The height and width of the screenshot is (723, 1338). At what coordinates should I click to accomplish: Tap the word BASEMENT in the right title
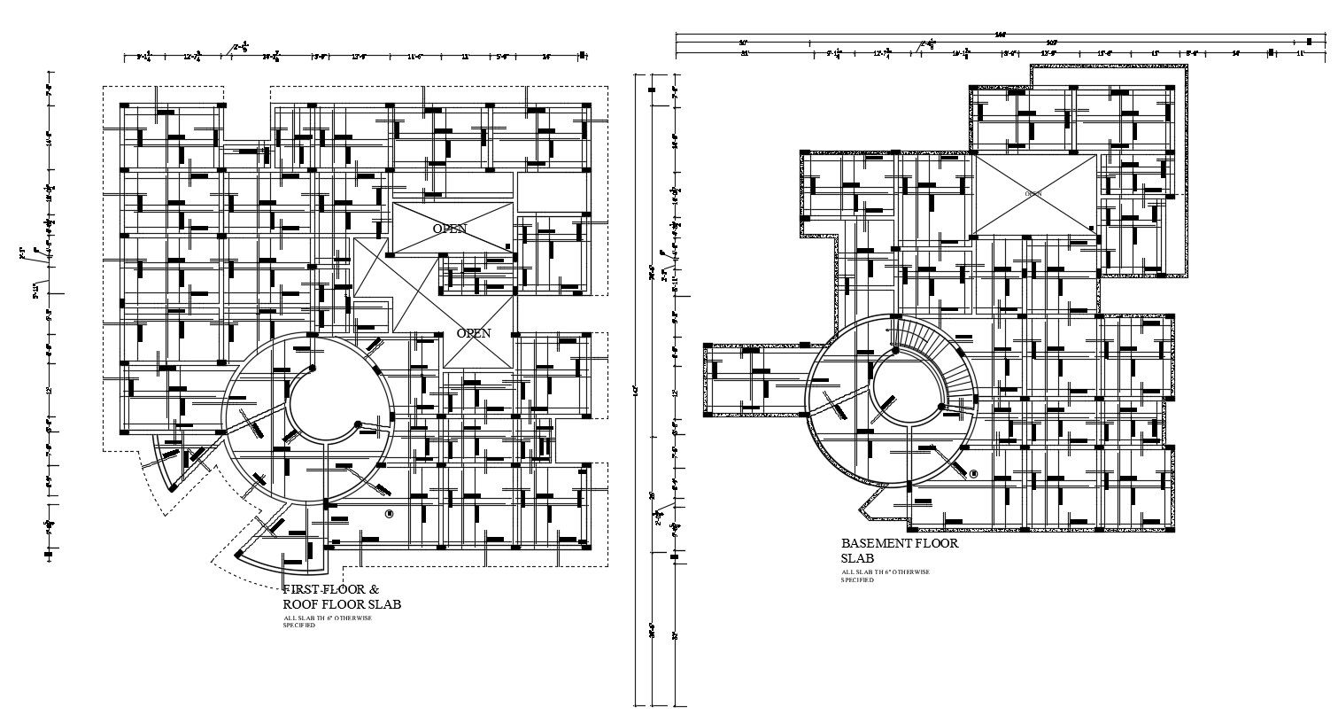pyautogui.click(x=875, y=543)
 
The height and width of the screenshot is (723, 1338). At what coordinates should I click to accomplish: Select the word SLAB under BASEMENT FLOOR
pyautogui.click(x=857, y=558)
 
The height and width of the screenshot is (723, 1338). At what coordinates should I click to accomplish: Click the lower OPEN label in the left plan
pyautogui.click(x=473, y=333)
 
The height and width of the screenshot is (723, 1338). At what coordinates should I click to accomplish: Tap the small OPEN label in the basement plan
pyautogui.click(x=1033, y=192)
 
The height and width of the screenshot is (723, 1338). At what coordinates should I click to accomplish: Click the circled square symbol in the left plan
pyautogui.click(x=389, y=513)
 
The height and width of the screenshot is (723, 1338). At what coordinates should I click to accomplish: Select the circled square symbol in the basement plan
pyautogui.click(x=973, y=474)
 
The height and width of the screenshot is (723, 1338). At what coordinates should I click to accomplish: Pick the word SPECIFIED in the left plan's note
pyautogui.click(x=298, y=626)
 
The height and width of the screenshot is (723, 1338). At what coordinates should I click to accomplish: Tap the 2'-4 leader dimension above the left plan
pyautogui.click(x=240, y=46)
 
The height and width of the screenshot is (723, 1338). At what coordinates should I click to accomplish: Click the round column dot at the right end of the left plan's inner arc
pyautogui.click(x=357, y=425)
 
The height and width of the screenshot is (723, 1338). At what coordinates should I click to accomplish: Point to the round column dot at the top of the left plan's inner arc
pyautogui.click(x=312, y=369)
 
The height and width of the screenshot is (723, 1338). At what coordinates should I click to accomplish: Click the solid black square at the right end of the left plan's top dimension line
pyautogui.click(x=582, y=56)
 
